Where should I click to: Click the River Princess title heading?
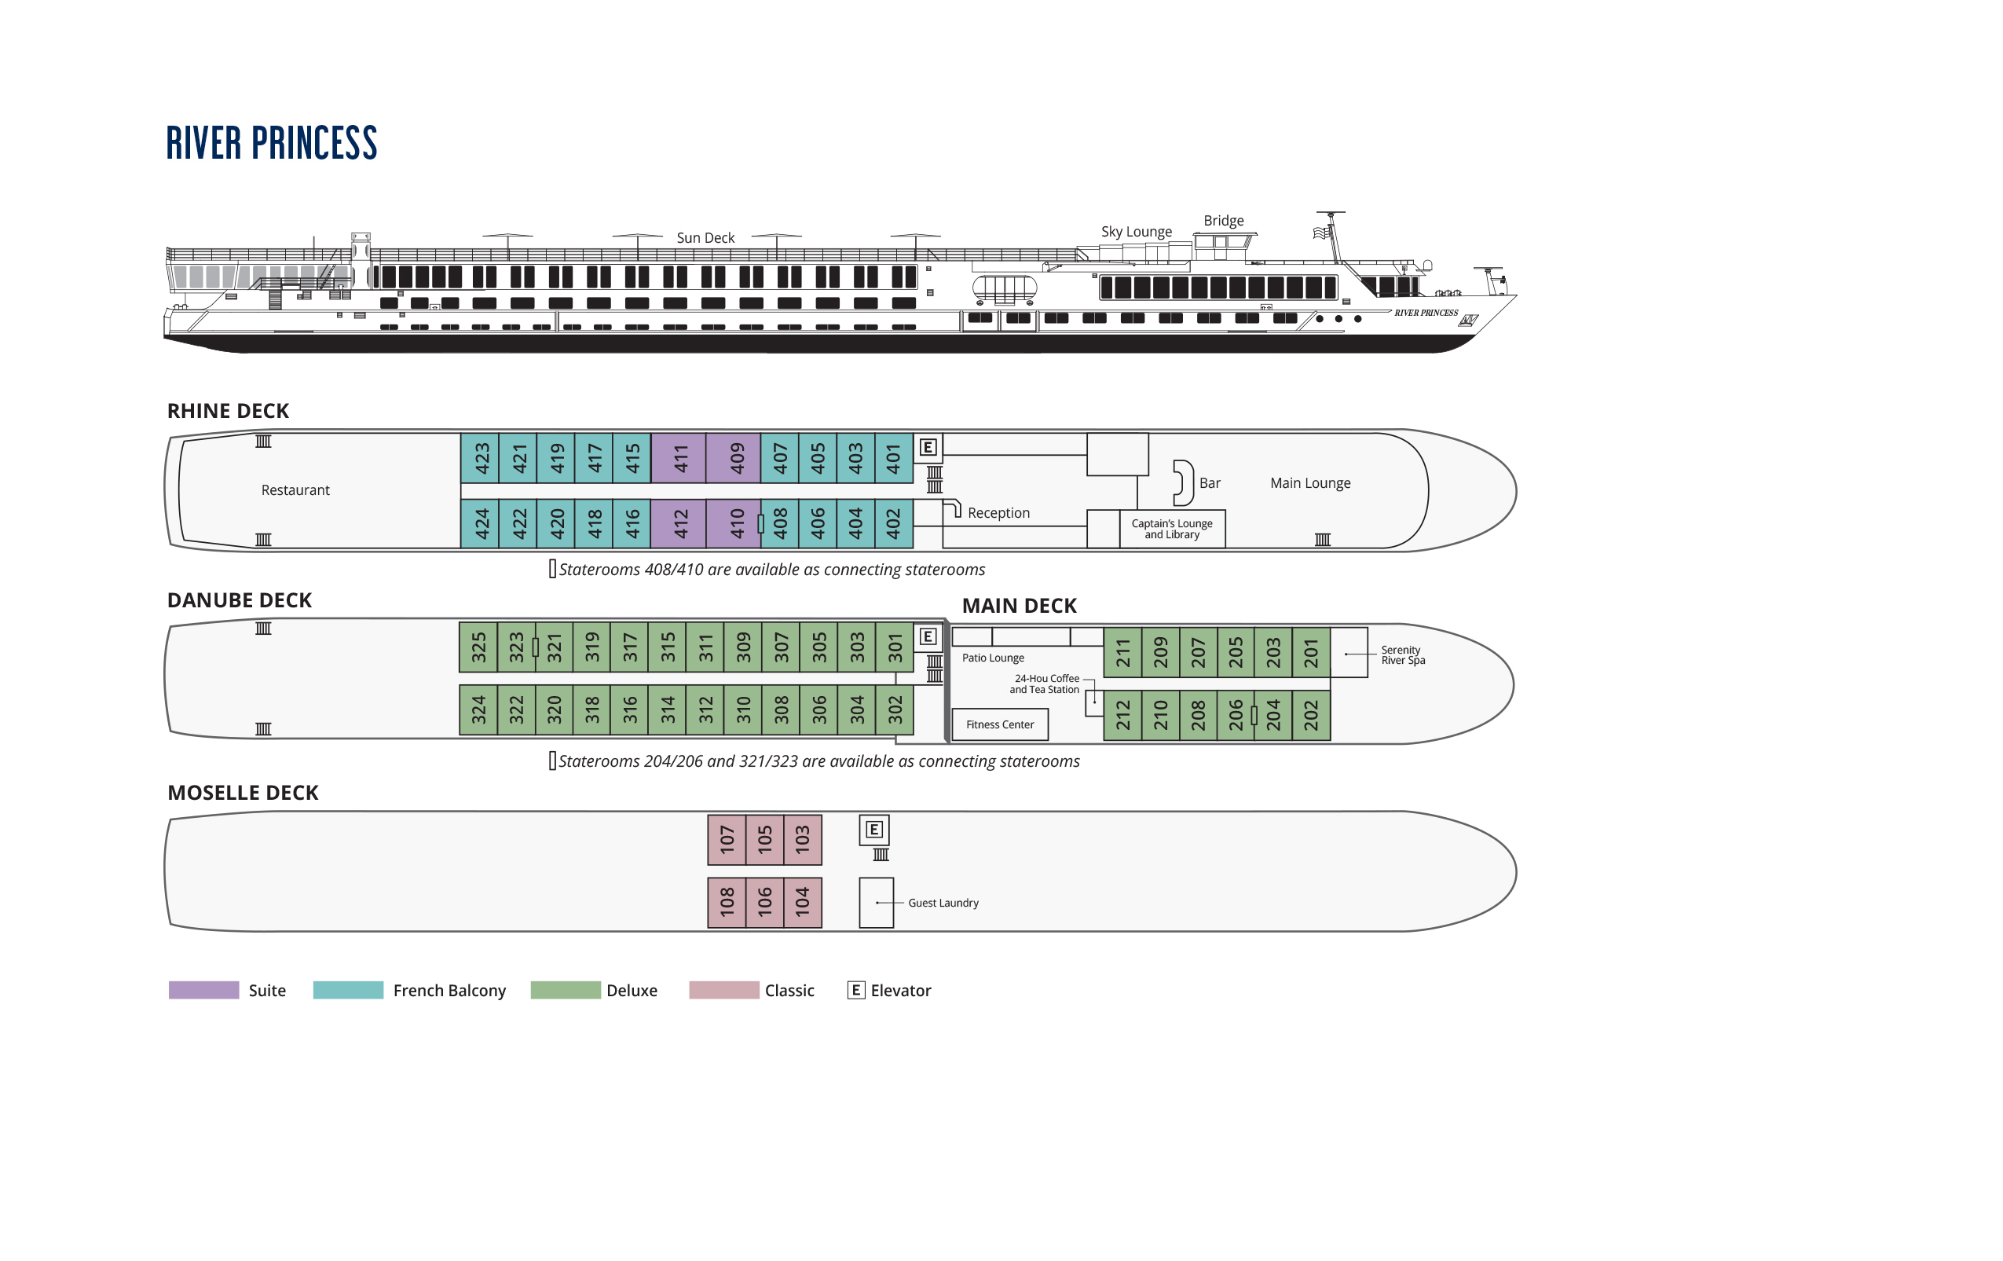coord(271,143)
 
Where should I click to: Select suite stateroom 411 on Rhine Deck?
coord(679,457)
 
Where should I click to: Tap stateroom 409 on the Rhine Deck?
coord(734,457)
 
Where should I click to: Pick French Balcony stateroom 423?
coord(480,457)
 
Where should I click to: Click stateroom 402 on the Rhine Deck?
coord(893,523)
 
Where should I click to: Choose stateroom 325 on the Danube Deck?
coord(478,647)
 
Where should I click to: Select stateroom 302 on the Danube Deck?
coord(894,709)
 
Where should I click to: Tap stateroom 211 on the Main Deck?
coord(1122,653)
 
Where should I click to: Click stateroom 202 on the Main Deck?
coord(1311,714)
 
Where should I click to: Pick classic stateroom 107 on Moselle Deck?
coord(726,839)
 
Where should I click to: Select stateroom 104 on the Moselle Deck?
coord(802,902)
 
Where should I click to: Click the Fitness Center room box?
coord(1000,724)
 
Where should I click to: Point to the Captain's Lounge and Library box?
coord(1172,529)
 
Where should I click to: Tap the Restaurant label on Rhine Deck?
coord(295,490)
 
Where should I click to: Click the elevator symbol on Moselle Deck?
coord(873,830)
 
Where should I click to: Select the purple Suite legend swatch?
coord(203,990)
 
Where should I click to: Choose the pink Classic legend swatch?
coord(723,990)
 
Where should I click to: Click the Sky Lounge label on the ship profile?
coord(1137,231)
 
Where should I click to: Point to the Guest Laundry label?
coord(943,903)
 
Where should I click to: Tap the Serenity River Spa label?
coord(1402,654)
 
